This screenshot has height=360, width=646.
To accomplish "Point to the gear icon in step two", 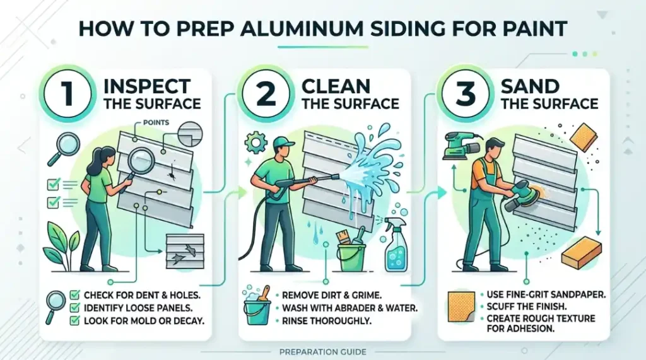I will [x=256, y=142].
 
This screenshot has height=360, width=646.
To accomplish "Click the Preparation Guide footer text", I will [x=322, y=351].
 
